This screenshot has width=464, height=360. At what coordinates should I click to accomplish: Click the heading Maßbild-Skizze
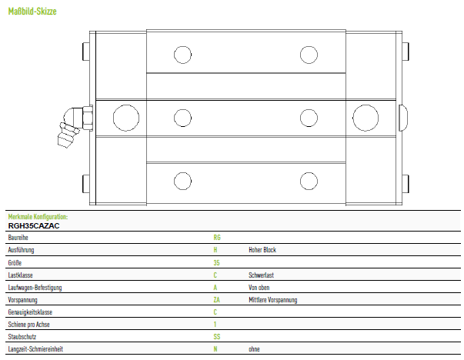click(32, 12)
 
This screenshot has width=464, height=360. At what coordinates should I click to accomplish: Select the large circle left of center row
click(126, 118)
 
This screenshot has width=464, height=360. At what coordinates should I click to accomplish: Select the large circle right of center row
click(366, 118)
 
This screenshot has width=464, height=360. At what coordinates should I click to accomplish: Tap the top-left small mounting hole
click(182, 55)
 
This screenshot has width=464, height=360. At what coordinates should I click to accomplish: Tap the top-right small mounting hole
click(309, 55)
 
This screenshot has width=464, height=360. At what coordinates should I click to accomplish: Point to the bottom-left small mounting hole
click(182, 181)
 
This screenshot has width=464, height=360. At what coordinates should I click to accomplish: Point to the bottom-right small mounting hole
click(309, 181)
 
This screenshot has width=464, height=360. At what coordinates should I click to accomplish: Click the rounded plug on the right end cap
click(403, 118)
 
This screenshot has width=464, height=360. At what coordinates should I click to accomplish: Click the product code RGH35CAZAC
click(34, 226)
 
